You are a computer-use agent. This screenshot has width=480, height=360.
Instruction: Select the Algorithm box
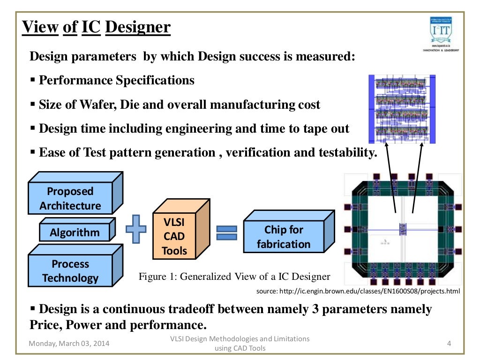tap(75, 232)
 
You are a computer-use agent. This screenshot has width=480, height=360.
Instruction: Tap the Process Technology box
tap(70, 271)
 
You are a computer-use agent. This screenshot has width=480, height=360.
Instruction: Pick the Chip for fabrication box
tap(284, 237)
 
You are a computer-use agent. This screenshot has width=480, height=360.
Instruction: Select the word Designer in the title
tap(138, 28)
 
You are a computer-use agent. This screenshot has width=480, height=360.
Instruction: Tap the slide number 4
tap(449, 344)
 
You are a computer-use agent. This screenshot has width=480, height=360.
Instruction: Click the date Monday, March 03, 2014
tap(69, 344)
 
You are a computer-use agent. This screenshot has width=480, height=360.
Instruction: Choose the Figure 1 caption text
tap(234, 277)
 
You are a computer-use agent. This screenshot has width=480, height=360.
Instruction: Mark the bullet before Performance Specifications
tap(33, 80)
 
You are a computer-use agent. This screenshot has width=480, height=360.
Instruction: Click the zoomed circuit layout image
tap(402, 108)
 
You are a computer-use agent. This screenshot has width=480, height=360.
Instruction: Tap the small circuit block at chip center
tap(402, 229)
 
